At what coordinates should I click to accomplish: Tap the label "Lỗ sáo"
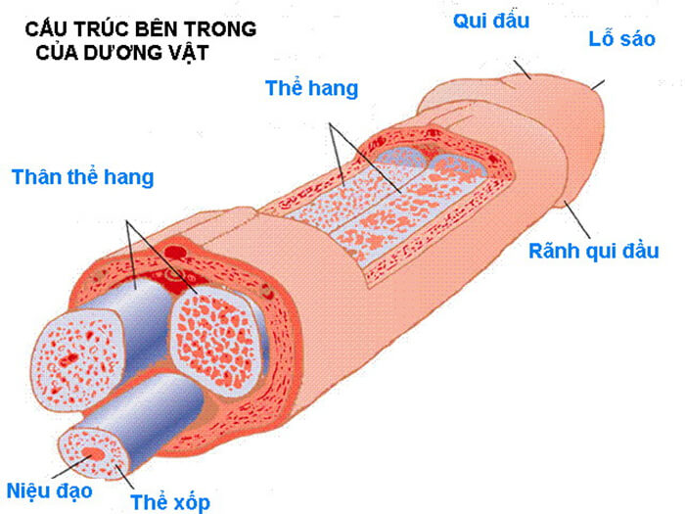pos(621,40)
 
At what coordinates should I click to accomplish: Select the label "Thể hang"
pos(311,88)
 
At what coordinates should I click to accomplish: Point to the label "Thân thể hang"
pos(82,177)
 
